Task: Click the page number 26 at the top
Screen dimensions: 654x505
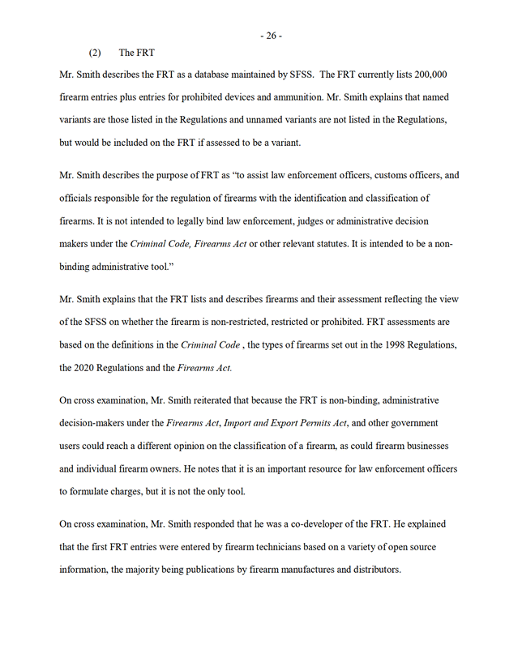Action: point(271,36)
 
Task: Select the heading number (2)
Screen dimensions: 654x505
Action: point(96,53)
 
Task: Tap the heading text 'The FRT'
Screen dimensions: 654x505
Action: point(136,53)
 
